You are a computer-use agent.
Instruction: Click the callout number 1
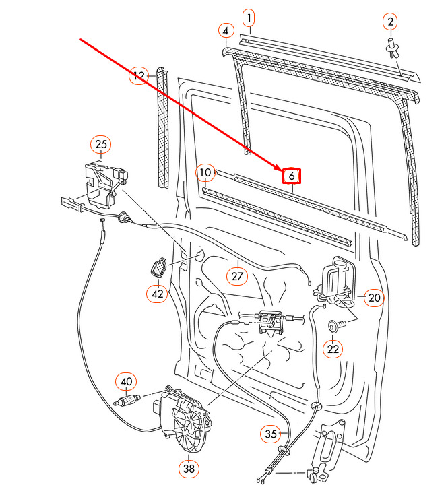coord(249,18)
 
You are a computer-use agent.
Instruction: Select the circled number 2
coord(390,22)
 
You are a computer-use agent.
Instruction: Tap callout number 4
coord(226,31)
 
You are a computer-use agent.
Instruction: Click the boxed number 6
coord(292,176)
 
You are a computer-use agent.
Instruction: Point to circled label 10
coord(205,173)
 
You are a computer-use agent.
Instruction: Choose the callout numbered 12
coord(139,75)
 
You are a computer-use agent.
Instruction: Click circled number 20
coord(374,298)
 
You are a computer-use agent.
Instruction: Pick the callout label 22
coord(333,349)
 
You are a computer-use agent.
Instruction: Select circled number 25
coord(101,144)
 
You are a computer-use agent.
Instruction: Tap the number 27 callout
coord(237,276)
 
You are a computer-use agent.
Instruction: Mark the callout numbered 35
coord(271,434)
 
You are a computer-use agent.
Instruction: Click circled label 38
coord(189,468)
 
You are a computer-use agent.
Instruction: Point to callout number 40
coord(126,382)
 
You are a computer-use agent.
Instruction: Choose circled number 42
coord(157,294)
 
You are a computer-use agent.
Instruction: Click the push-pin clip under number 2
coord(393,48)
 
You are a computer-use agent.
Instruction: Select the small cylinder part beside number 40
coord(127,400)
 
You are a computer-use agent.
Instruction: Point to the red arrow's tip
coord(282,171)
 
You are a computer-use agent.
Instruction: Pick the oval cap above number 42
coord(159,267)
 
